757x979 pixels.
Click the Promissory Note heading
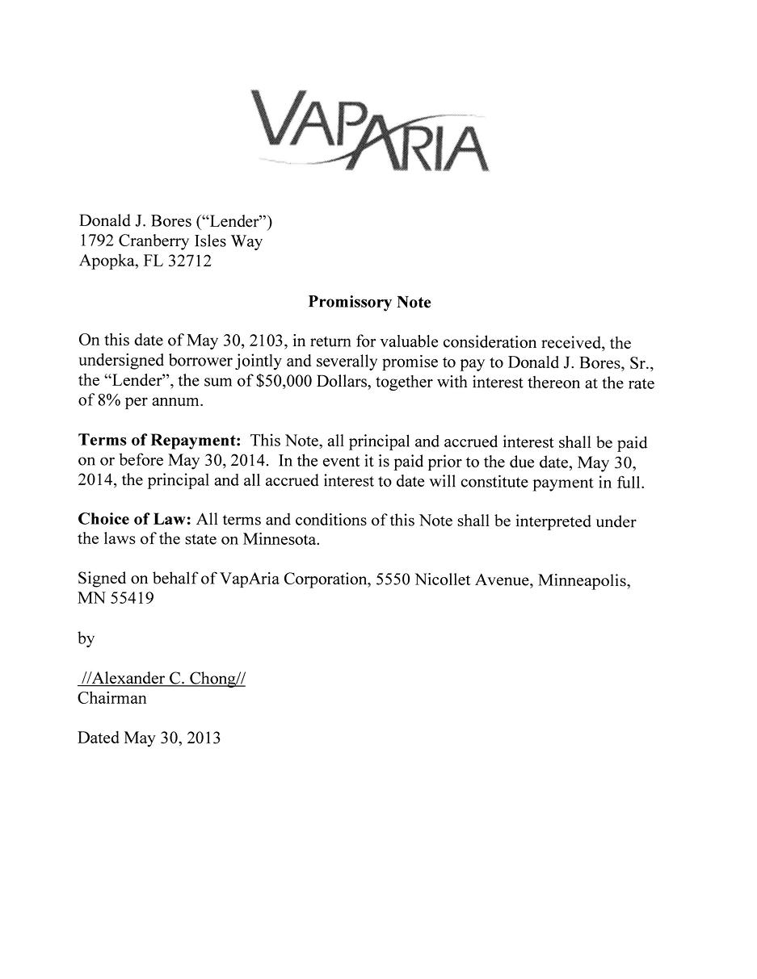(x=369, y=303)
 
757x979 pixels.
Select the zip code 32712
(x=189, y=261)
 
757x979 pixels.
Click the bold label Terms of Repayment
(x=159, y=441)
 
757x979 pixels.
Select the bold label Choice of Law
(x=134, y=520)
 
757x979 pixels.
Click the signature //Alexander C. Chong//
(x=162, y=678)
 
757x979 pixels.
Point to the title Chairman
(x=112, y=698)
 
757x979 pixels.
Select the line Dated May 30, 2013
(x=149, y=738)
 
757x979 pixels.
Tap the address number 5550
(x=393, y=579)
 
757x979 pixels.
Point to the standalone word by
(x=86, y=638)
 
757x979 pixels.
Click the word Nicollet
(x=443, y=579)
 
